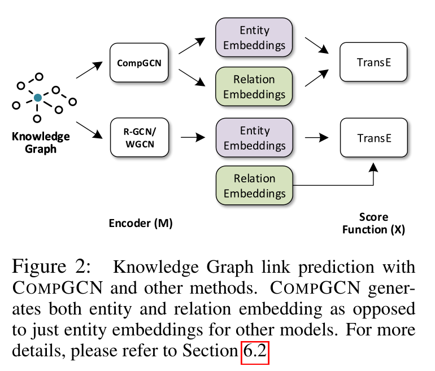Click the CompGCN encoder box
pos(139,63)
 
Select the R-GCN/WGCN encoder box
pos(139,137)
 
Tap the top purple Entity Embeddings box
pos(254,38)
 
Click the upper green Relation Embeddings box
pos(254,87)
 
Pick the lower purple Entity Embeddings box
pos(254,137)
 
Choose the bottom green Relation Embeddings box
pos(254,186)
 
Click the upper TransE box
pos(373,63)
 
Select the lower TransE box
pos(373,137)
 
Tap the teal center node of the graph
pos(37,98)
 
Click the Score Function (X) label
pos(373,223)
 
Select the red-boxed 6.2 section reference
pos(254,353)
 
